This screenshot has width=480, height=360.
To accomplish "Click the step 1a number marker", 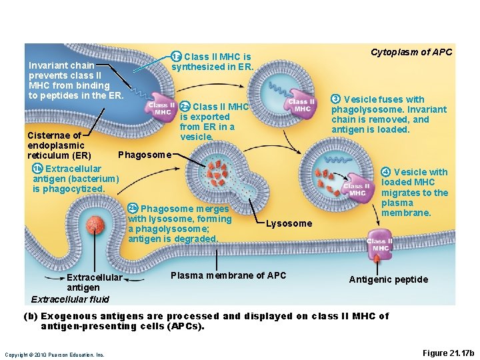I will [177, 57].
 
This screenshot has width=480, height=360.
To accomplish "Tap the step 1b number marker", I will [37, 169].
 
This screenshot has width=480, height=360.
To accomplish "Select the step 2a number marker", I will [185, 107].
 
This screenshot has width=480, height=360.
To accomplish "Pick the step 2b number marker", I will [133, 209].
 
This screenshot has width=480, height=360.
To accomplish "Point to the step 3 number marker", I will [336, 99].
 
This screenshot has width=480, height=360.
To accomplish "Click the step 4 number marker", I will [386, 172].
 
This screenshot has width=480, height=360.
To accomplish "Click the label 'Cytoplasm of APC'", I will [411, 52].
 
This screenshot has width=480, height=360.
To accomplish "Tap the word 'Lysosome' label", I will [288, 223].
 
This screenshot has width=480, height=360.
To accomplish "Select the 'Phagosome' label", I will [144, 155].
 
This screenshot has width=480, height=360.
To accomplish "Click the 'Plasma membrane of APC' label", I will [228, 275].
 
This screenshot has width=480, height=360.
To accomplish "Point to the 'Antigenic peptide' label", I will [389, 279].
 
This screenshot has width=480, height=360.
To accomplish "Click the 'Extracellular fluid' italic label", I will [70, 299].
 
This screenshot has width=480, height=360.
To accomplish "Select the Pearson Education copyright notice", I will [55, 355].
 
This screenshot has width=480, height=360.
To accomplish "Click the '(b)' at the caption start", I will [31, 316].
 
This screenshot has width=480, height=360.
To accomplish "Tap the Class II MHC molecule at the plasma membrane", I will [379, 245].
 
